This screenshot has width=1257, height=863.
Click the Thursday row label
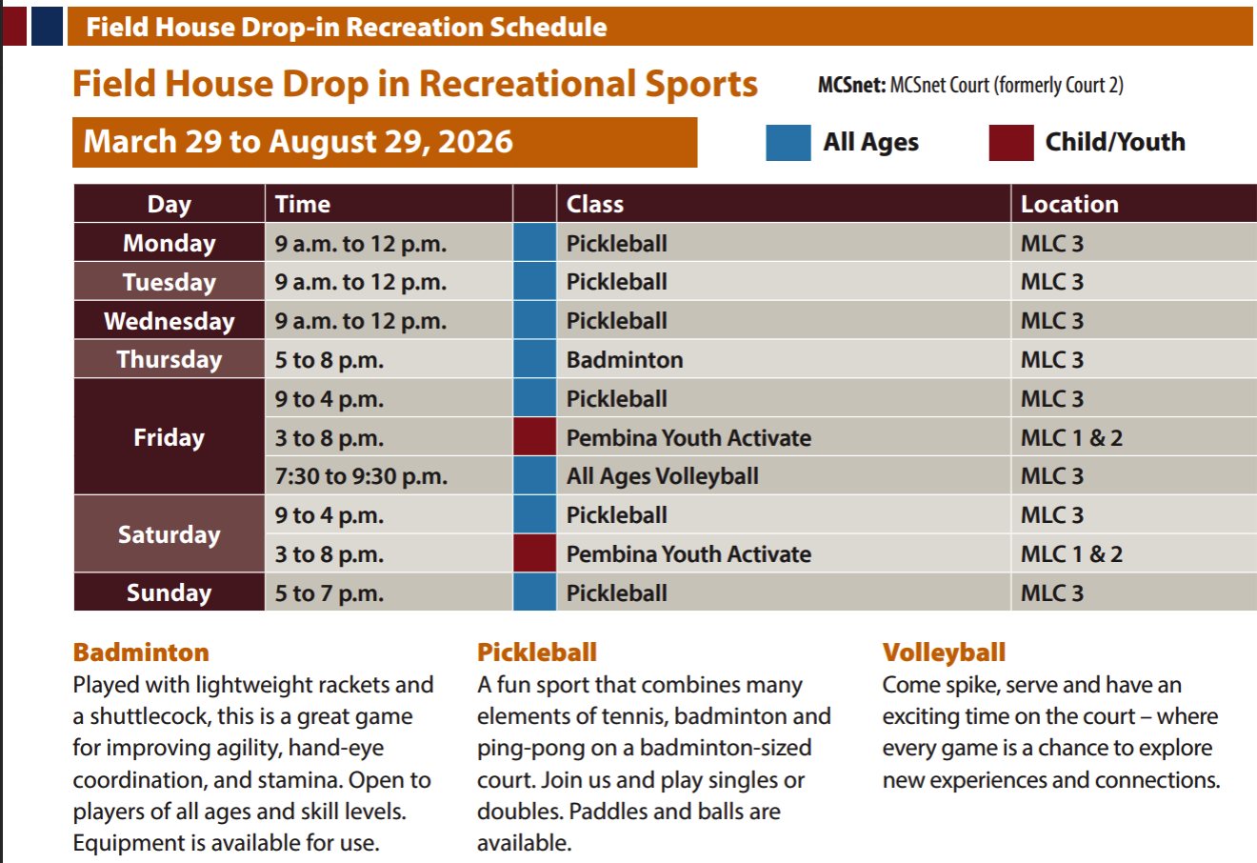coord(169,359)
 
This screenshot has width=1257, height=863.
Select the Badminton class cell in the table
coord(784,359)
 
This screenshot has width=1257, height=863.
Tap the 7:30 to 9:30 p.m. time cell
coord(389,476)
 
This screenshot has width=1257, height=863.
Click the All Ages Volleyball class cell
coord(784,476)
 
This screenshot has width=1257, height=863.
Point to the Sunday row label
coord(169,592)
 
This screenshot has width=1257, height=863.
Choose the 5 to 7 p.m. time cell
coord(389,592)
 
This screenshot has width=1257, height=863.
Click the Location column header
coord(1133,204)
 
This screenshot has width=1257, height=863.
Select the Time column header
coord(389,204)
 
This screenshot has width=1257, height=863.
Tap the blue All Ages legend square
coord(788,143)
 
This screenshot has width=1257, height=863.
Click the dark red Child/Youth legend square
coord(1010,143)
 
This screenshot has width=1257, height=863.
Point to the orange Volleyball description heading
coord(944,652)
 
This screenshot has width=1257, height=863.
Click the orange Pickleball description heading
coord(536,652)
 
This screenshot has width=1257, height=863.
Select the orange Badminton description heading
coord(141,652)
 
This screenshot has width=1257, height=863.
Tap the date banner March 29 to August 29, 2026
coord(385,142)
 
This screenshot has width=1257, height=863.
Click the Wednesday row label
coord(169,321)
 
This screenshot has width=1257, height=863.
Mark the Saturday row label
coord(169,534)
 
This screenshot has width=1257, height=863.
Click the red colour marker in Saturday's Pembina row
coord(535,553)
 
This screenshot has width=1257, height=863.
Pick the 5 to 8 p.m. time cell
coord(389,359)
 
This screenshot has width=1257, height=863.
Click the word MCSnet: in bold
coord(851,85)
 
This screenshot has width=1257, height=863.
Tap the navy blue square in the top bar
coord(48,27)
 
